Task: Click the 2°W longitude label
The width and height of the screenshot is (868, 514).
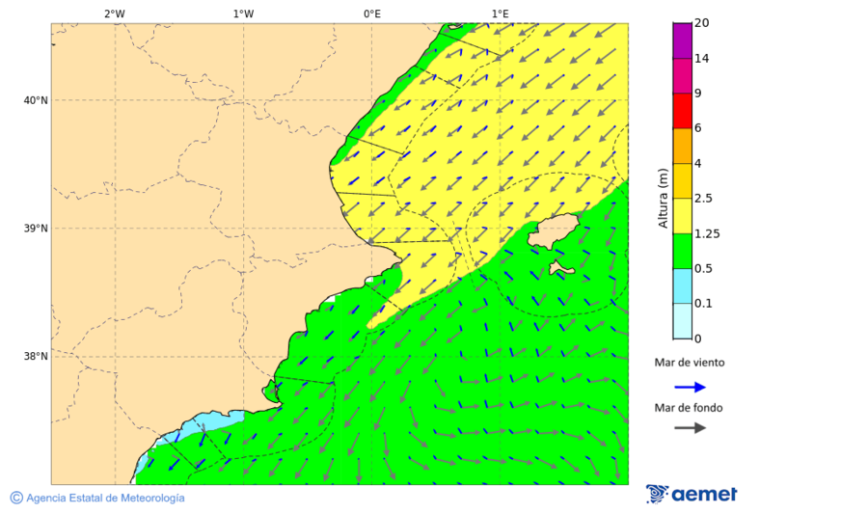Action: point(114,14)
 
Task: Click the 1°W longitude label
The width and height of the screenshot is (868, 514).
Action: point(243,14)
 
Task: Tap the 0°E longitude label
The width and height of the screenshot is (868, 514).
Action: point(371,14)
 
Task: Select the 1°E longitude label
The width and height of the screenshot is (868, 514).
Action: point(500,14)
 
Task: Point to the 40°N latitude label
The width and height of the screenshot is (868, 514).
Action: point(36,100)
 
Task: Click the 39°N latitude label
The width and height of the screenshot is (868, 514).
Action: point(36,229)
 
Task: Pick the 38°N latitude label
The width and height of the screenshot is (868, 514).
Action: point(36,357)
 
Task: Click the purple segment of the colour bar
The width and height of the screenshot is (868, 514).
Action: point(682,41)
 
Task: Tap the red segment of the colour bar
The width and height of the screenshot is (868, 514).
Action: point(682,110)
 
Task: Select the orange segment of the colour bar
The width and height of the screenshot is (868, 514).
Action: point(682,146)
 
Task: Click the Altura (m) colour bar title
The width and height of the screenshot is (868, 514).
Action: point(663,198)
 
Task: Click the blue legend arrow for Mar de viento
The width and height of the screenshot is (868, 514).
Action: point(690,387)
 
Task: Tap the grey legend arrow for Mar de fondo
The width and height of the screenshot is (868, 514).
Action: point(690,428)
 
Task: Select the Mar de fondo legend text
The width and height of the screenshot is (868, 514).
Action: point(689,407)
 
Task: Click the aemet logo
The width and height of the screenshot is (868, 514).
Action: point(692,494)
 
